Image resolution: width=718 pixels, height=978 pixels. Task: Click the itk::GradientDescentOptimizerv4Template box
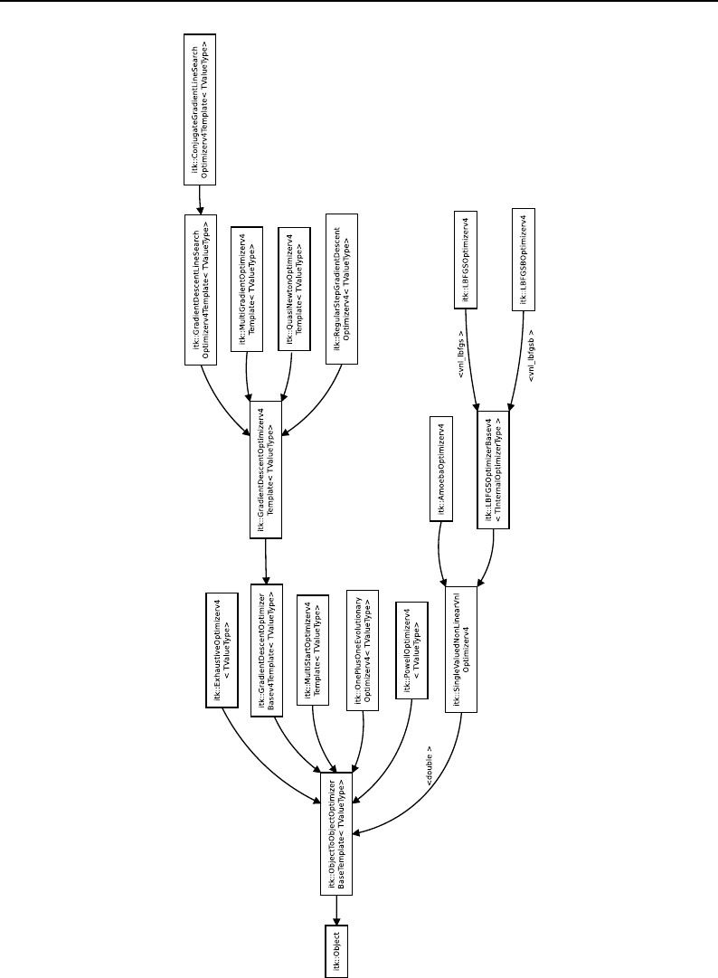pos(268,470)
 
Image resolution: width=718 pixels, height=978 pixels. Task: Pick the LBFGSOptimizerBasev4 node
pos(495,470)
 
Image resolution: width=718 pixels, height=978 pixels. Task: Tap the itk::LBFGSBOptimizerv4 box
pos(522,262)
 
